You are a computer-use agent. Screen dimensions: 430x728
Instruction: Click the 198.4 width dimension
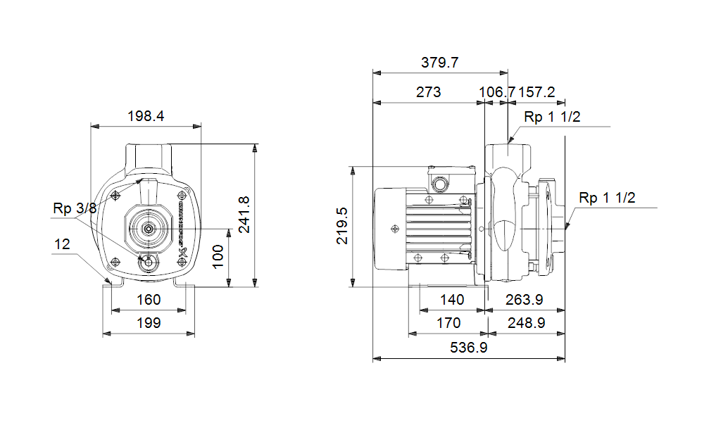(146, 116)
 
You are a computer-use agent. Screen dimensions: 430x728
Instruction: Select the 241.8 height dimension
(242, 215)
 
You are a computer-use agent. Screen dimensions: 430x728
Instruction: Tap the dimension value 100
(218, 258)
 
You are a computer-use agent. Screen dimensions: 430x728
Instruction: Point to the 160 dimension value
(148, 300)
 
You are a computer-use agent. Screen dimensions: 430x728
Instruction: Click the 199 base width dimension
(148, 323)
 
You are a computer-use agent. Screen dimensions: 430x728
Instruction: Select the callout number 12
(63, 244)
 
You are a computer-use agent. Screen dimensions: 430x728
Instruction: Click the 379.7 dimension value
(440, 63)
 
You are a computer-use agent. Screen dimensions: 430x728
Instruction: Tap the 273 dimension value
(429, 92)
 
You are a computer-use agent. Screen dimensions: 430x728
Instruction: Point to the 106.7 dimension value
(497, 92)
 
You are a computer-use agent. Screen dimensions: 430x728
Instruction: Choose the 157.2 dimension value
(537, 92)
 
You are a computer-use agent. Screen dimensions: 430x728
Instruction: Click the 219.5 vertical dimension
(342, 226)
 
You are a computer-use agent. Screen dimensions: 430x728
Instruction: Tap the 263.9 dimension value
(525, 300)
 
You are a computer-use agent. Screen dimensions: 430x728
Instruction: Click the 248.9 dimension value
(525, 323)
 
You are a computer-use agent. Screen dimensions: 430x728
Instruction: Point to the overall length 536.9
(468, 348)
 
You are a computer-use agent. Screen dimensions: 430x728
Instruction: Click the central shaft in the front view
(148, 228)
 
